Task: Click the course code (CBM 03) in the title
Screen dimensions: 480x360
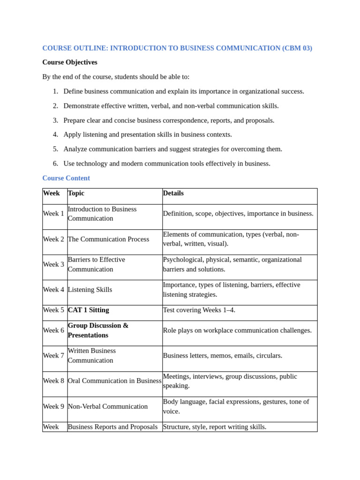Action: click(x=297, y=48)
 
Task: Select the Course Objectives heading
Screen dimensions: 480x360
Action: click(x=70, y=62)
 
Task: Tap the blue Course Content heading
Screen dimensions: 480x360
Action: click(x=66, y=178)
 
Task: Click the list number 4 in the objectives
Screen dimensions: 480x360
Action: click(x=55, y=135)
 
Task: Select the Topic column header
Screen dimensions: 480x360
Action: click(x=76, y=193)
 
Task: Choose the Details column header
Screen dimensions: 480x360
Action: click(x=173, y=193)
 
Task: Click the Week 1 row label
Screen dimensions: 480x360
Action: click(x=53, y=214)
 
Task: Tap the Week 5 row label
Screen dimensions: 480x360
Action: click(x=53, y=310)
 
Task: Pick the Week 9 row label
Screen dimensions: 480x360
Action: click(x=53, y=406)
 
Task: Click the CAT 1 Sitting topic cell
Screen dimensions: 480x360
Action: click(x=88, y=310)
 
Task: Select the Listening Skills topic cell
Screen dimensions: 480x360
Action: click(x=90, y=290)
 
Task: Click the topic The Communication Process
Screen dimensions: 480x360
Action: click(x=108, y=239)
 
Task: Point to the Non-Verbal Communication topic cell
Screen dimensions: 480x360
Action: click(x=108, y=406)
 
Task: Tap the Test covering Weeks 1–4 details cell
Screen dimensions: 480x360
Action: click(x=199, y=310)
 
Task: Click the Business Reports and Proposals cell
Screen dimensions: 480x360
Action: click(x=112, y=427)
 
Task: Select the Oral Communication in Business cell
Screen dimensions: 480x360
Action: click(x=114, y=381)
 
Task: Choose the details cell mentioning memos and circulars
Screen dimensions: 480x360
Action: click(x=222, y=356)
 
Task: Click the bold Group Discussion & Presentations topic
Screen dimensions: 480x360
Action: click(x=98, y=330)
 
